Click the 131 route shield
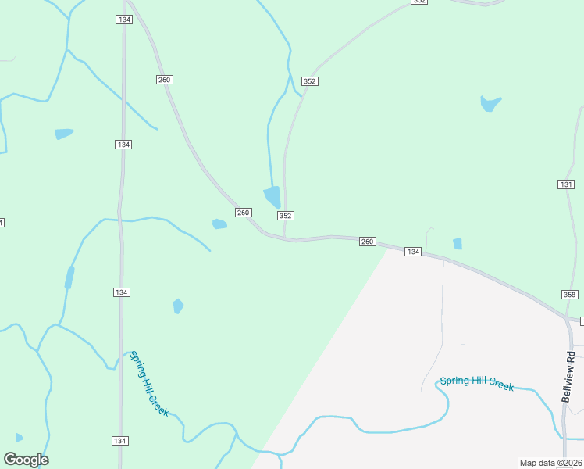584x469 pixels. pos(567,184)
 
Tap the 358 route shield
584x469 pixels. pos(569,294)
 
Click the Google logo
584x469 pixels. pos(26,460)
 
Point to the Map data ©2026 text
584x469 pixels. pos(550,463)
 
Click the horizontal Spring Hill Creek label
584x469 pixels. pos(476,382)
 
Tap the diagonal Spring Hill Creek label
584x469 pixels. pos(148,383)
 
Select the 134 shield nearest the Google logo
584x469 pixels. pos(119,441)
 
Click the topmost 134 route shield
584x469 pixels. pos(123,19)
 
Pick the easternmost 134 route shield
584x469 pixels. pos(413,252)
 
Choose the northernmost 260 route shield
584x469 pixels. pos(164,80)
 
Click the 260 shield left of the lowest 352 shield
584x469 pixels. pos(243,213)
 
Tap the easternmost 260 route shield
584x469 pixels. pos(368,242)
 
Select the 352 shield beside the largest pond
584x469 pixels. pos(285,216)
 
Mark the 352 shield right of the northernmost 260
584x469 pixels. pos(309,81)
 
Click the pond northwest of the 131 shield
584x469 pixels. pos(490,103)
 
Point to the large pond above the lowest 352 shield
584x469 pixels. pos(272,196)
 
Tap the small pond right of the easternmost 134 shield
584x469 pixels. pos(458,244)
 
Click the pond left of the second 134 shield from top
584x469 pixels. pos(64,134)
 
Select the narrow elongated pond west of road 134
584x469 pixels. pos(69,277)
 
